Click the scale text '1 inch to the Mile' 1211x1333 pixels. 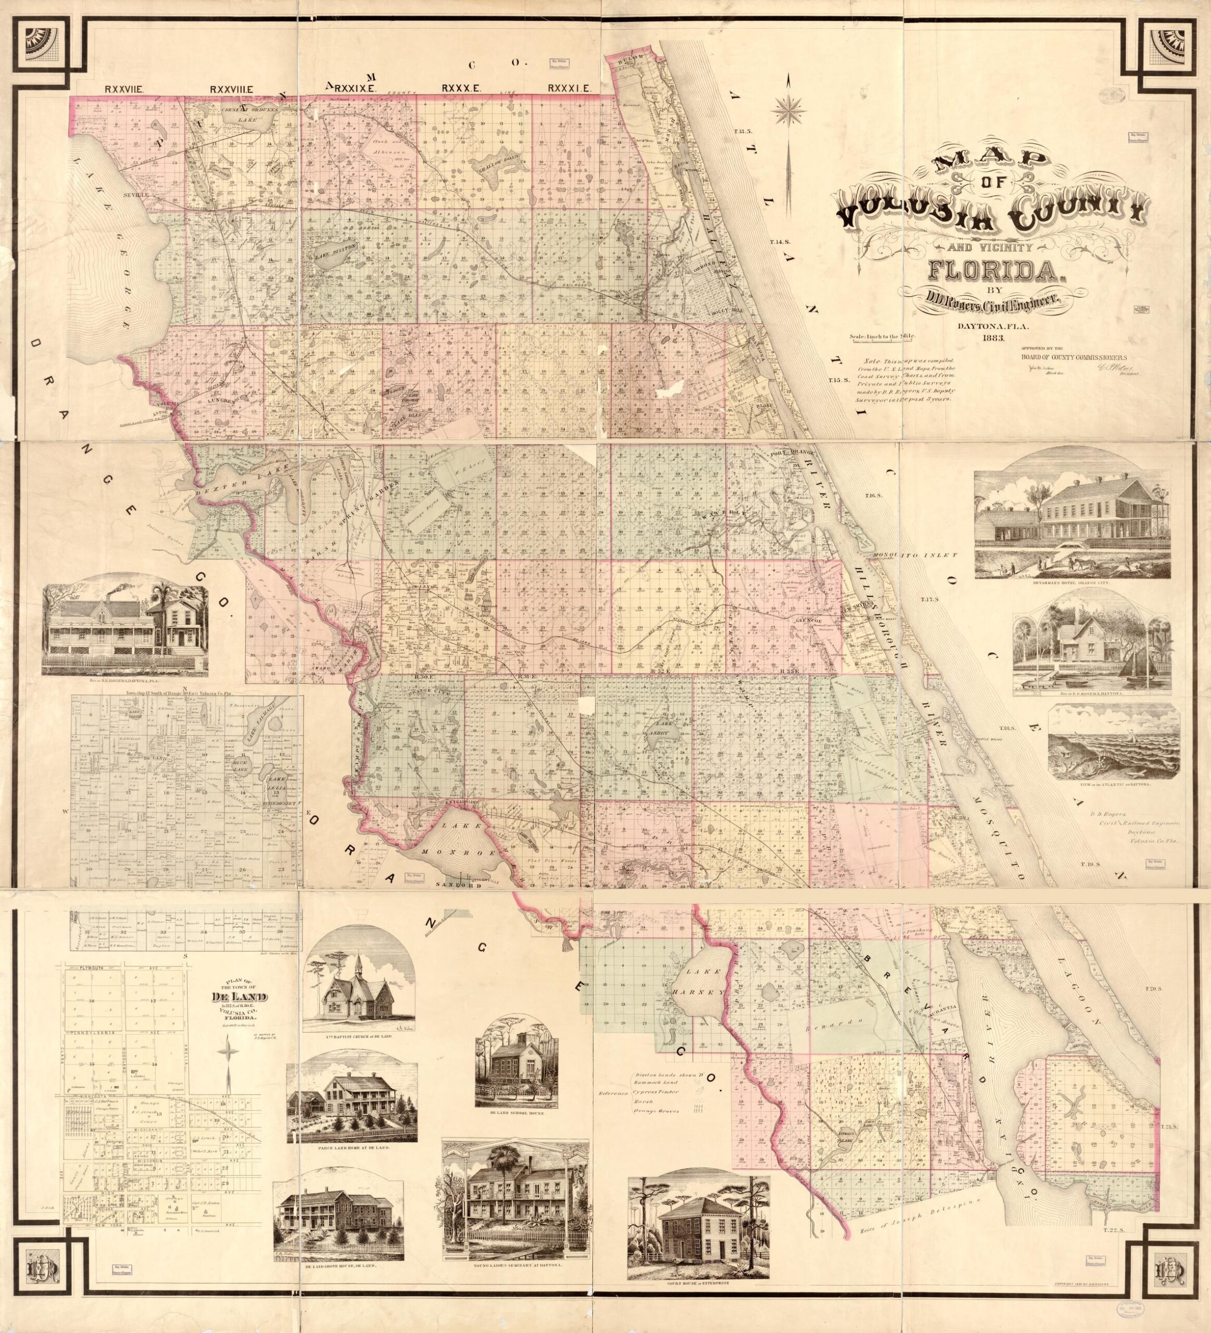(882, 338)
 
